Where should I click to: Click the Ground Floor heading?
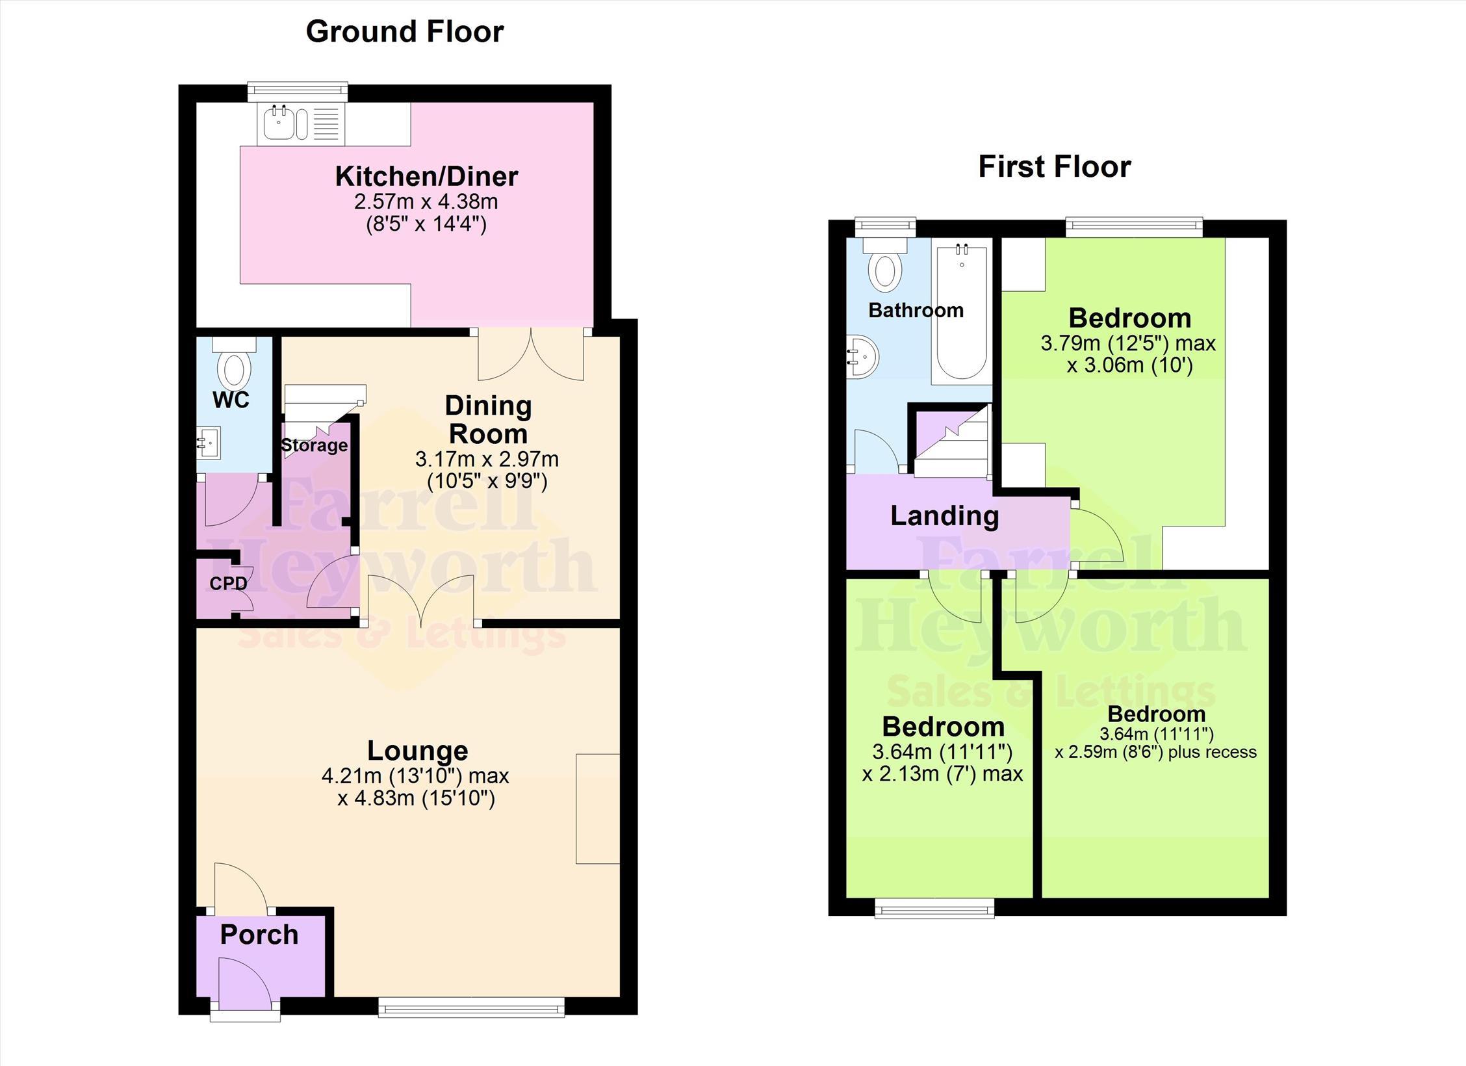(x=405, y=32)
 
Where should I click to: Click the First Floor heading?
(x=1055, y=167)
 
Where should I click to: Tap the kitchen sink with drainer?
(x=302, y=123)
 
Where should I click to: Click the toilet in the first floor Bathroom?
(x=885, y=265)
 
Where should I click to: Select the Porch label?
(x=259, y=935)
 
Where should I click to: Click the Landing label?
(x=944, y=516)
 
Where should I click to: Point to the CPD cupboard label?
(x=228, y=584)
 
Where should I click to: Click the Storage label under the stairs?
(x=315, y=445)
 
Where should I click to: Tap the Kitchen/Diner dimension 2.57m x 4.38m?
(x=426, y=201)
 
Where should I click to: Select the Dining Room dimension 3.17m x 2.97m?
(x=487, y=460)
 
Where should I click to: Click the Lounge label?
(x=418, y=751)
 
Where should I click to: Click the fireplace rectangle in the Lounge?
(x=598, y=809)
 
